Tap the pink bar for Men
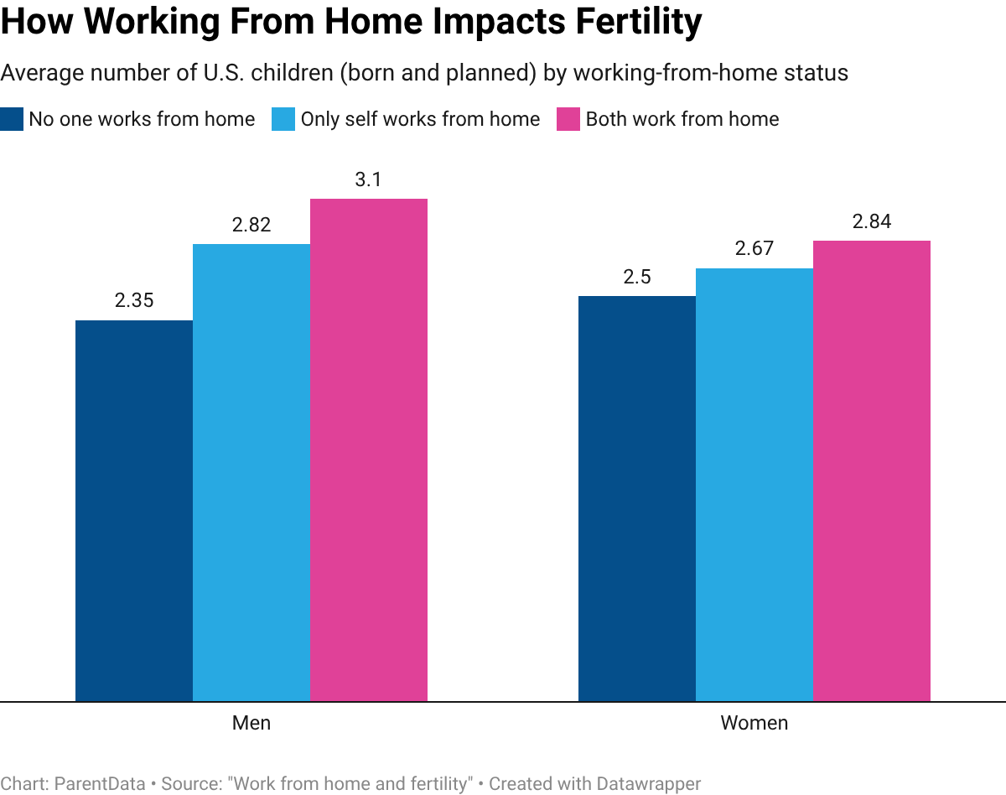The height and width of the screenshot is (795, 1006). (x=369, y=449)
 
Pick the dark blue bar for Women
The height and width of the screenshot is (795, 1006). (x=637, y=498)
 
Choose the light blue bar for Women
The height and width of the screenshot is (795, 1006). (x=754, y=484)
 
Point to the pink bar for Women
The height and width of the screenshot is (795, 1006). (x=872, y=470)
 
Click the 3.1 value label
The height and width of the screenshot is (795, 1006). (x=369, y=180)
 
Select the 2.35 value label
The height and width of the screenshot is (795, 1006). (x=134, y=301)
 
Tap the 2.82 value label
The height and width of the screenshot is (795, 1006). (x=251, y=226)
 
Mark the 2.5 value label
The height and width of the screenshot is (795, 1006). (x=637, y=278)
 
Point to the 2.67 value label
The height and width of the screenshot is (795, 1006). (x=754, y=249)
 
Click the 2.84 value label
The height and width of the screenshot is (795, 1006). (x=872, y=222)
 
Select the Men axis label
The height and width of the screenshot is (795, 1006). (x=251, y=723)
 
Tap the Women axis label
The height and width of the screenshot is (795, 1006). (x=754, y=723)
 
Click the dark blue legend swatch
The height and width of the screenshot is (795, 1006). (x=12, y=119)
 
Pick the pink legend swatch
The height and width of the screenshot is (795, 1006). (x=568, y=119)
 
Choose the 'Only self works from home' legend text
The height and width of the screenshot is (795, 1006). (x=420, y=119)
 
